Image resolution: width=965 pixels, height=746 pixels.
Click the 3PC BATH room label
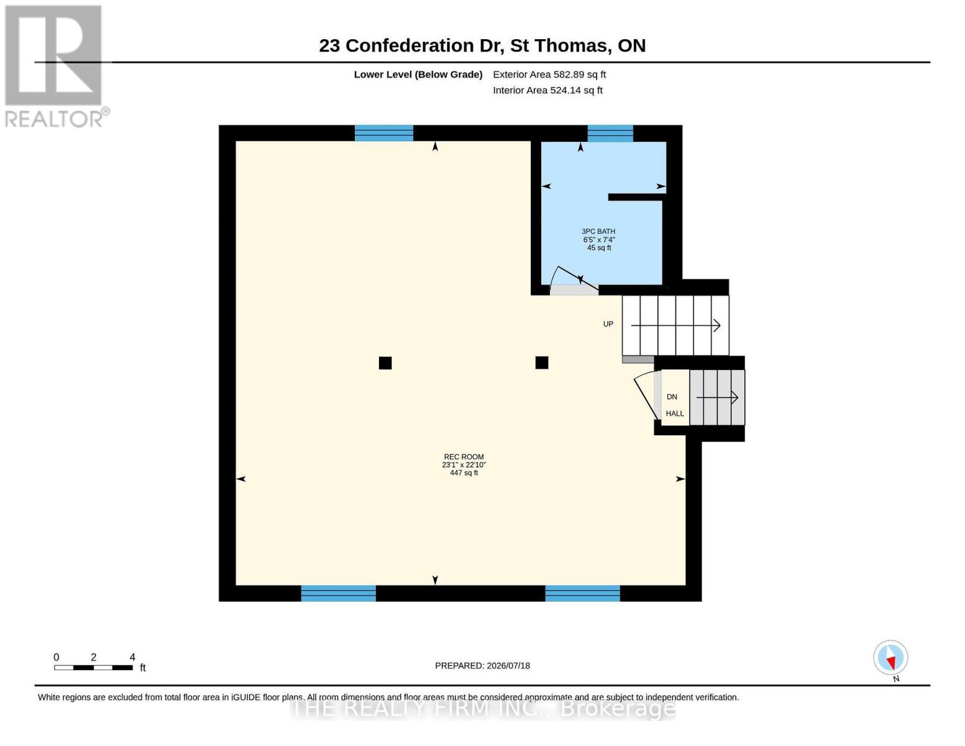pyautogui.click(x=598, y=231)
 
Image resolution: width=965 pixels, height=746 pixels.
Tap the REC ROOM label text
pyautogui.click(x=464, y=457)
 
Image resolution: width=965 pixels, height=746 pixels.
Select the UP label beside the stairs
pyautogui.click(x=608, y=324)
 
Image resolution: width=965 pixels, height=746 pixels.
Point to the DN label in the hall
pyautogui.click(x=672, y=397)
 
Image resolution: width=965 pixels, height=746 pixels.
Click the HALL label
pyautogui.click(x=675, y=413)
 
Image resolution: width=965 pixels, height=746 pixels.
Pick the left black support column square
pyautogui.click(x=385, y=363)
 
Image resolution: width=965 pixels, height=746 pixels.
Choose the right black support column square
pyautogui.click(x=541, y=362)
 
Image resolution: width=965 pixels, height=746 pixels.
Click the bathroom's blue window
pyautogui.click(x=610, y=133)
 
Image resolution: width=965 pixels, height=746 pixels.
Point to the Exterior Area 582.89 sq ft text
pyautogui.click(x=549, y=75)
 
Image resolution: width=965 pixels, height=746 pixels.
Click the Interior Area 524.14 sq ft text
pyautogui.click(x=547, y=90)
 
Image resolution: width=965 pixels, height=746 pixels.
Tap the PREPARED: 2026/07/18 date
pyautogui.click(x=482, y=666)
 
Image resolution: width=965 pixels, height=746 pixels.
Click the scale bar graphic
pyautogui.click(x=93, y=667)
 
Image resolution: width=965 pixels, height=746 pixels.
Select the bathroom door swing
pyautogui.click(x=574, y=279)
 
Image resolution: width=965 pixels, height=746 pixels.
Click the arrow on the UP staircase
pyautogui.click(x=675, y=326)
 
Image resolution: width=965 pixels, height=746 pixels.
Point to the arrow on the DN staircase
pyautogui.click(x=716, y=397)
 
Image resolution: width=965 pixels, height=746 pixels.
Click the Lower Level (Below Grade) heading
pyautogui.click(x=418, y=75)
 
